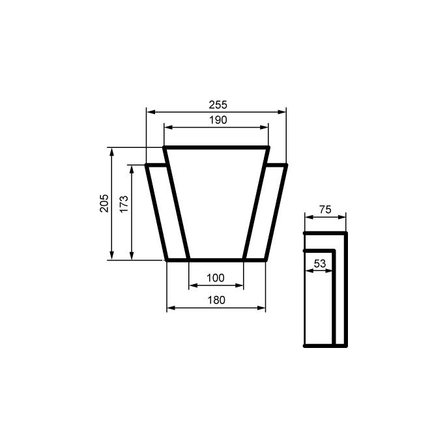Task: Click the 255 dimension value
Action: [218, 105]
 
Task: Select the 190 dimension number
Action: [218, 120]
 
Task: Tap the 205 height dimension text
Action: [104, 203]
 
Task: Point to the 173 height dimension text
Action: [124, 204]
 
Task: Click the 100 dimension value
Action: [215, 278]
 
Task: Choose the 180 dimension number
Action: [216, 300]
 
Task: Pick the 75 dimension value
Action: [325, 210]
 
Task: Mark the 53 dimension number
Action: [319, 263]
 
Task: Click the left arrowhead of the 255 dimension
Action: [151, 112]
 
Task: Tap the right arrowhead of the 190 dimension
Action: [265, 128]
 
